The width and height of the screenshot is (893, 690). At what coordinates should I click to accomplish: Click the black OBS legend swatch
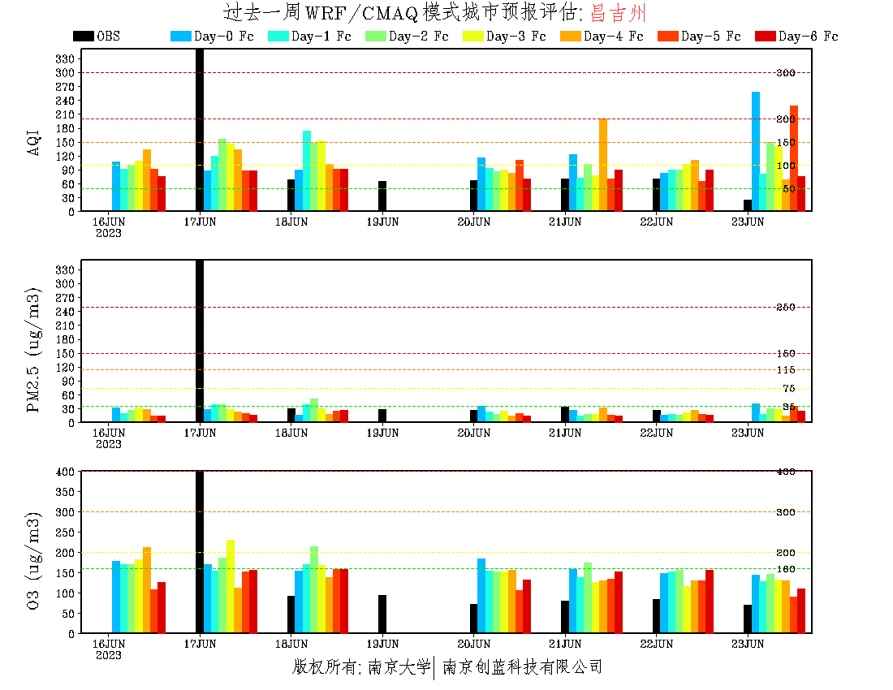(83, 37)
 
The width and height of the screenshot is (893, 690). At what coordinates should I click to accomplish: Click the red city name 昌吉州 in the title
(619, 13)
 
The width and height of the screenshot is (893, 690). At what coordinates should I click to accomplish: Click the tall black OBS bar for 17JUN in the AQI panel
(200, 130)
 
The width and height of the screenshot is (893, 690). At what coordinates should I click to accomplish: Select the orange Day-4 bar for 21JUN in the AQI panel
(603, 165)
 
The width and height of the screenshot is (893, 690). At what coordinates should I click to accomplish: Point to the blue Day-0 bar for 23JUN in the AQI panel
(756, 151)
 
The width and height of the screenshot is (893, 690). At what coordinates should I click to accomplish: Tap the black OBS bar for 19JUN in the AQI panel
(382, 196)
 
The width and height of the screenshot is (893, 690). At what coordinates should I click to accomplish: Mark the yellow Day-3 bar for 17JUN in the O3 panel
(231, 586)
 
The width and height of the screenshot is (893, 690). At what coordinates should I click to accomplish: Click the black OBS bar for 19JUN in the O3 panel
(382, 614)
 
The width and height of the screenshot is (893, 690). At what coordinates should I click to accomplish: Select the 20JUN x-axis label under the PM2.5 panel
(474, 433)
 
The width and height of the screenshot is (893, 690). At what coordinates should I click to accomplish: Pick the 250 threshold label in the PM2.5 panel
(785, 307)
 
